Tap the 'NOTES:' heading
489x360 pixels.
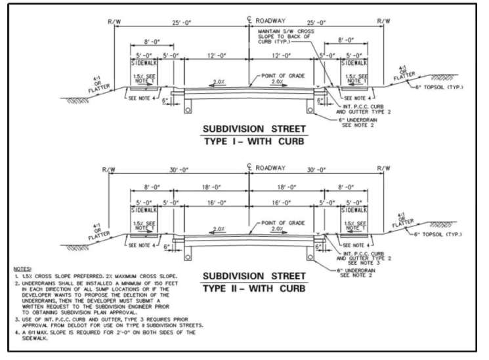25,270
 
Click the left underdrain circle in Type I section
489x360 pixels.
188,110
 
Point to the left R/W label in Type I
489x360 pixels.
114,21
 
